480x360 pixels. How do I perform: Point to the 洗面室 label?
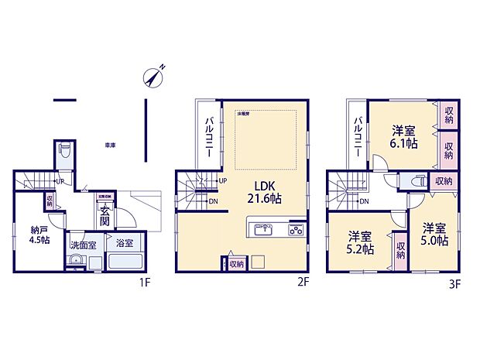click(x=81, y=245)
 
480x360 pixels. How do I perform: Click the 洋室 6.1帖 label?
click(x=403, y=136)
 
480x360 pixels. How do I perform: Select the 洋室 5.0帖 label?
click(x=434, y=235)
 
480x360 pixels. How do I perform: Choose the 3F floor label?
click(x=454, y=283)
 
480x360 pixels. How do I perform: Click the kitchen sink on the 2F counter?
click(x=265, y=230)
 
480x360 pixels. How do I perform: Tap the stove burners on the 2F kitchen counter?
click(x=296, y=230)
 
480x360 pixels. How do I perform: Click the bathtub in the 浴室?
click(x=123, y=262)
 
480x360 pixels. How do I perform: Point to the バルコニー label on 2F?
click(x=210, y=132)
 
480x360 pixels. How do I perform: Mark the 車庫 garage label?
click(x=111, y=145)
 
